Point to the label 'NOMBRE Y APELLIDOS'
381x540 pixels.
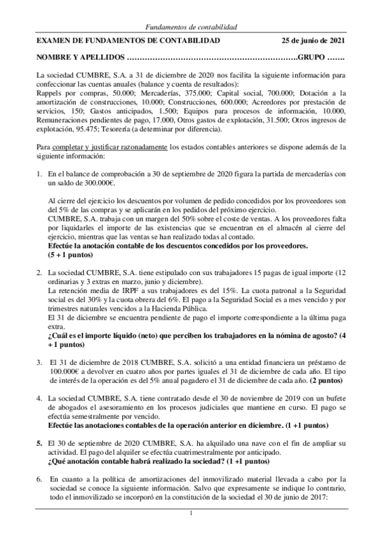(x=81, y=57)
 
